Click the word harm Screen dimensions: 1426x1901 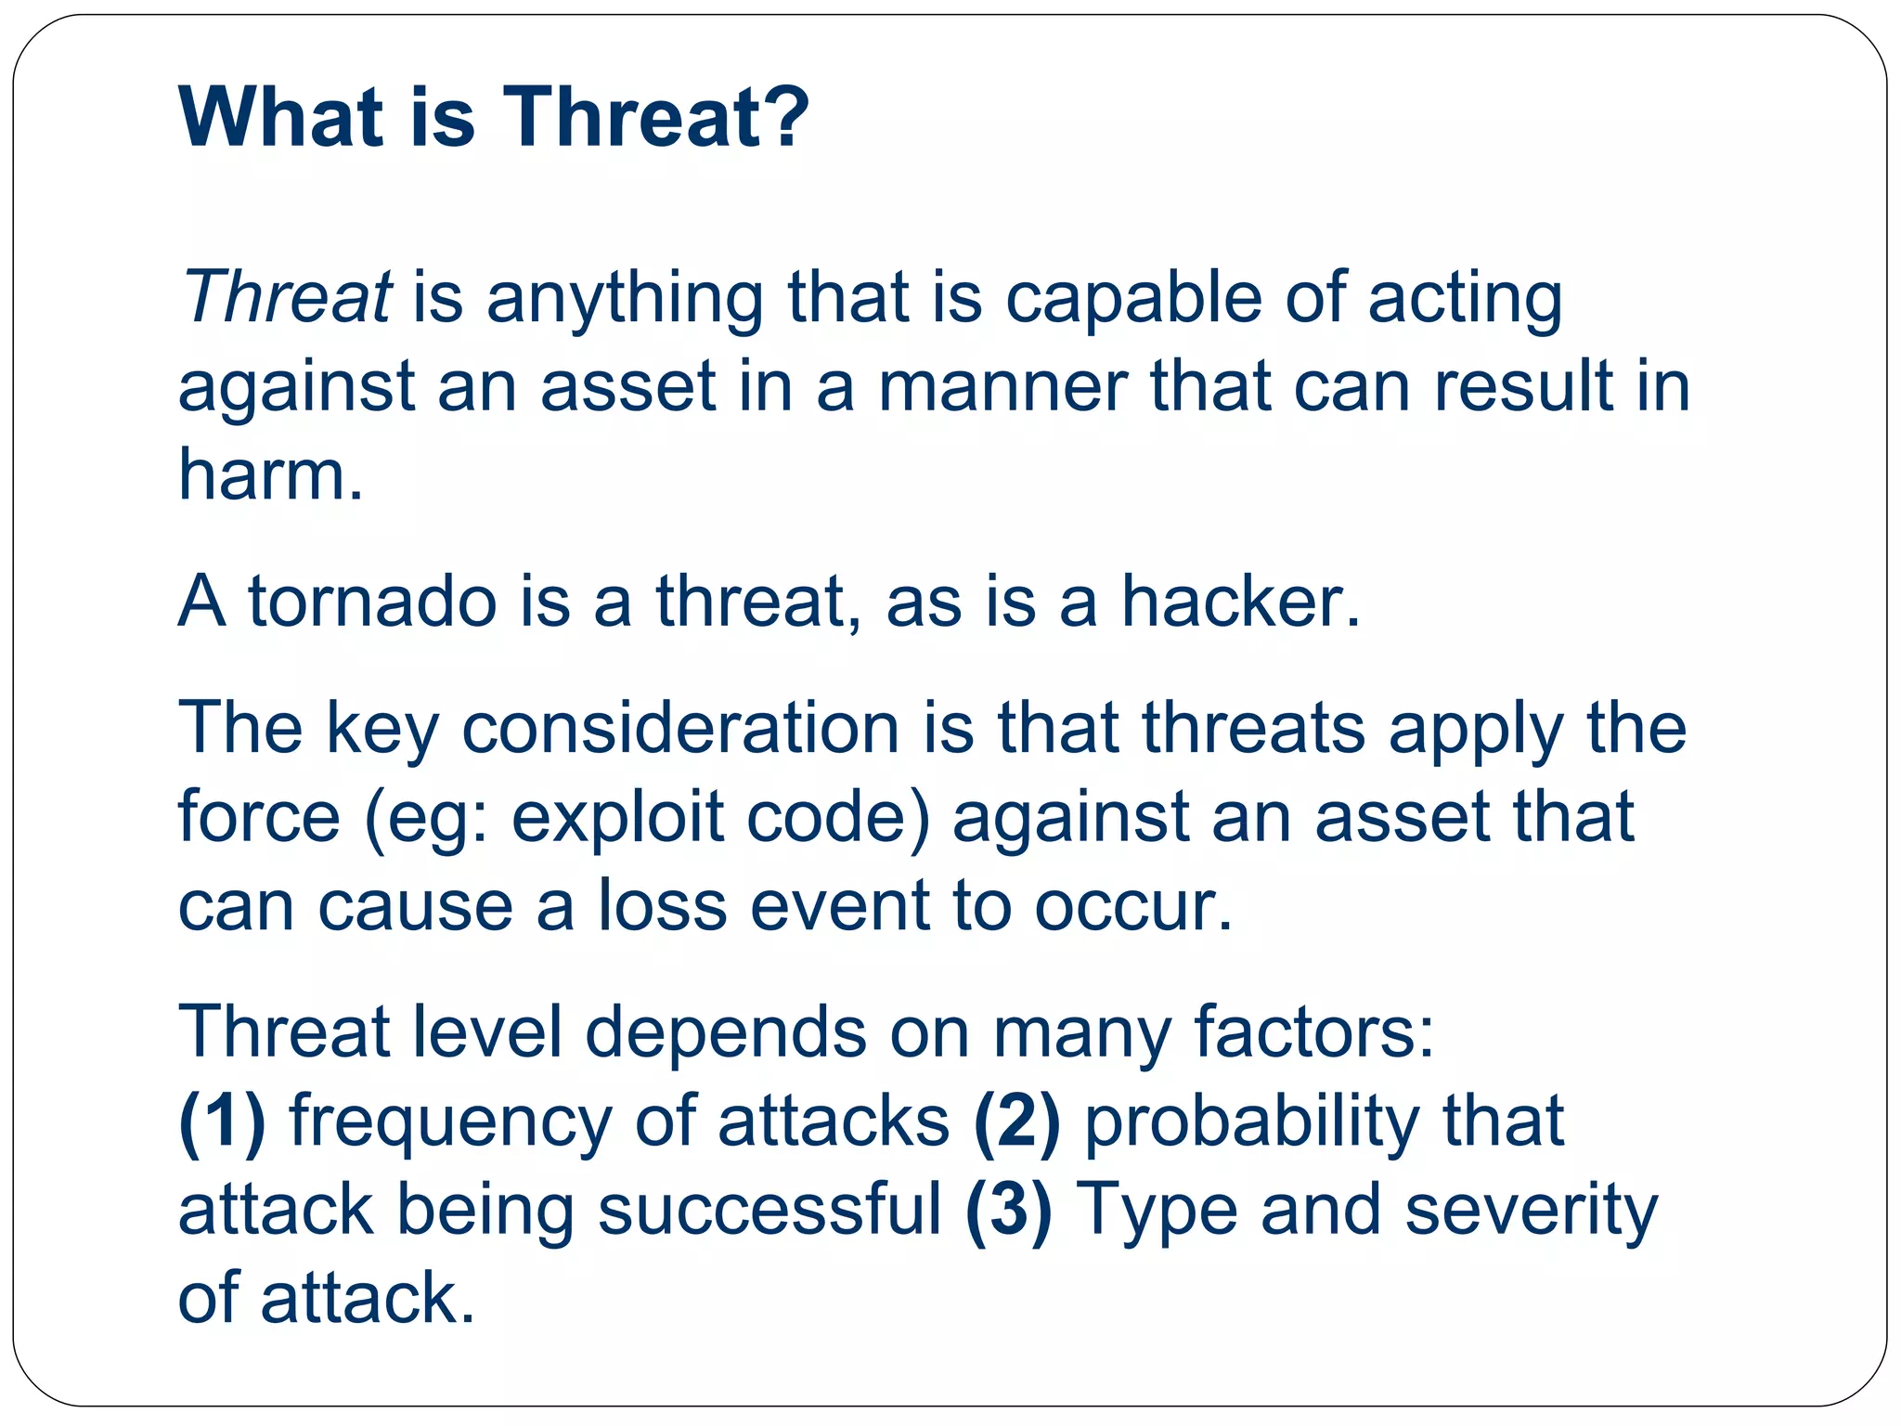(x=270, y=474)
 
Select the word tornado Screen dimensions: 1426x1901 (x=371, y=602)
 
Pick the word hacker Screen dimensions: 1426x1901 (x=1239, y=602)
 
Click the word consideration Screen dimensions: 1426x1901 (x=680, y=728)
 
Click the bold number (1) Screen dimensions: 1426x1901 (x=222, y=1121)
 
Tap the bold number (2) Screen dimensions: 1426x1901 (x=1016, y=1121)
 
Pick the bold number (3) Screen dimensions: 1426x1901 (x=1009, y=1210)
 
